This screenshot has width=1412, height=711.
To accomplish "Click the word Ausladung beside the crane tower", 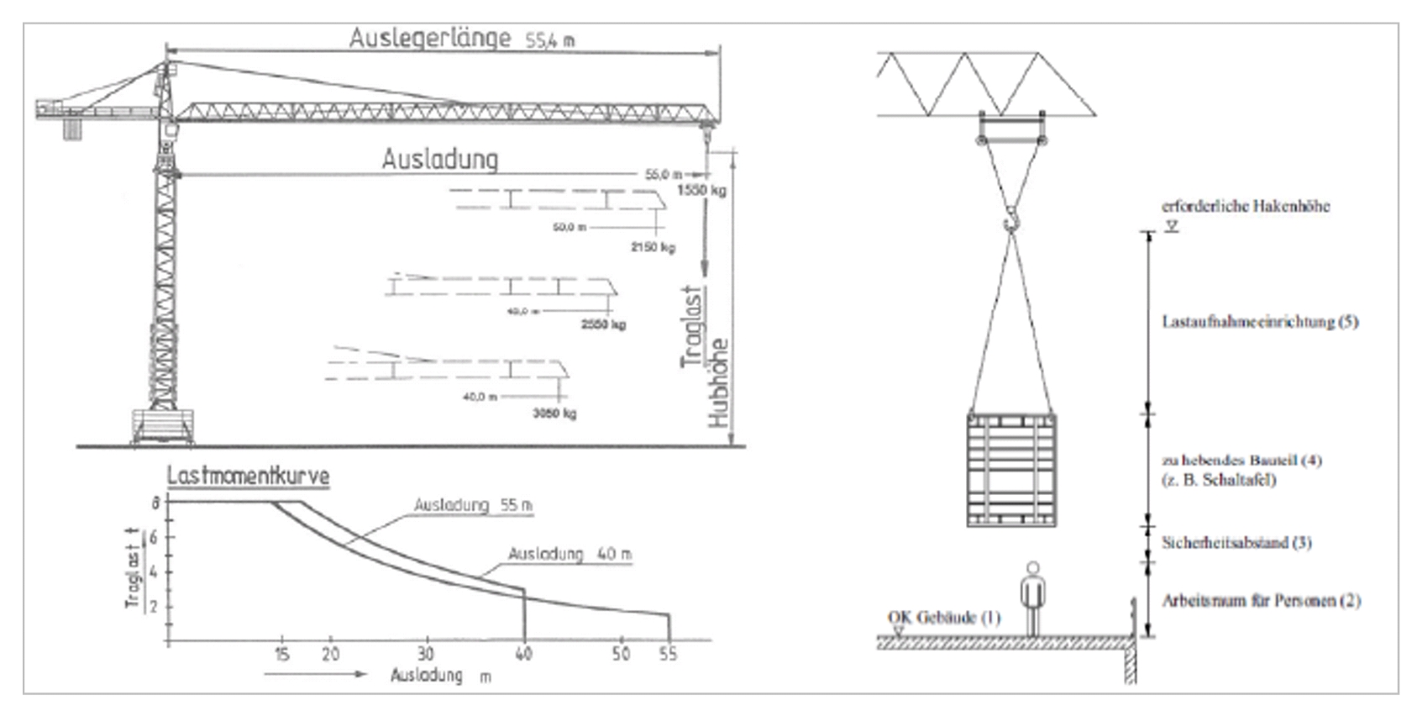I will (439, 159).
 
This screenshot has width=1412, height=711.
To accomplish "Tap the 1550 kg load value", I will (701, 190).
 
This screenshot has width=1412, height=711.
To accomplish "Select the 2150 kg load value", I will (653, 247).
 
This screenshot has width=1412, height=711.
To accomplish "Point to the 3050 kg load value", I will (554, 413).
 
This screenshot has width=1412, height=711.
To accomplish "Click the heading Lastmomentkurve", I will (248, 477).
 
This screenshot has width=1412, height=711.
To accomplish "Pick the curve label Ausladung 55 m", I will (473, 505).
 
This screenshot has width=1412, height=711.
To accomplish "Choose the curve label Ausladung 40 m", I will (570, 554).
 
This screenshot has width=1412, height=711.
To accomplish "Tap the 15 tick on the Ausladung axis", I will (281, 654).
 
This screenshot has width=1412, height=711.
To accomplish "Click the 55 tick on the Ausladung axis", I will (669, 654).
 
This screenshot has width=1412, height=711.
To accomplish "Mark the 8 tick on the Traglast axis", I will (155, 502).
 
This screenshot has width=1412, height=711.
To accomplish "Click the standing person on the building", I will (1032, 598).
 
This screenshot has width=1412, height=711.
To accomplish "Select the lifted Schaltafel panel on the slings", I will (1011, 469).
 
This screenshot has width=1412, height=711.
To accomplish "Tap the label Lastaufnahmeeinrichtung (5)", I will (1259, 322).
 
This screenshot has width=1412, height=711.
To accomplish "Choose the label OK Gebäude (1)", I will (944, 618).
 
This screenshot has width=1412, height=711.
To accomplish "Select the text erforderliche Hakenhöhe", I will (1246, 206).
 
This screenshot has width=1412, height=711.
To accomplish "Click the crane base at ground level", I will (161, 426).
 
